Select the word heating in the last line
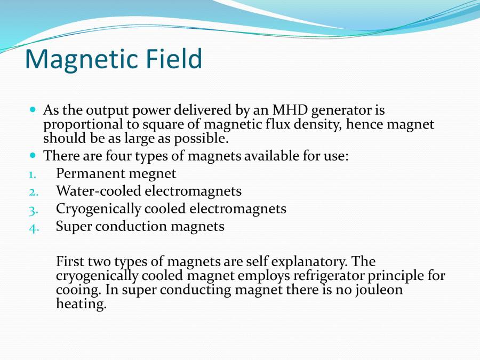81,305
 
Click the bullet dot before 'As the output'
33,109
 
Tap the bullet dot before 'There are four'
33,155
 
